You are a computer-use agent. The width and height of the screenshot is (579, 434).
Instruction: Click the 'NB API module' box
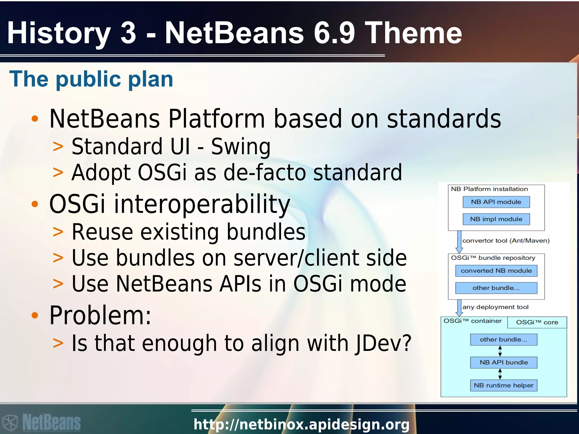496,202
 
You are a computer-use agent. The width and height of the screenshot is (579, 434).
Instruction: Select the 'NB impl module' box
496,219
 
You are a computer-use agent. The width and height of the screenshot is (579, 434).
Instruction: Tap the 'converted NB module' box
496,271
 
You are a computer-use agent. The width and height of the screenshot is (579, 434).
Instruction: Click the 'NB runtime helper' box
504,385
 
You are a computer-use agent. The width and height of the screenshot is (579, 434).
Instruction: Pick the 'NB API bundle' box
504,363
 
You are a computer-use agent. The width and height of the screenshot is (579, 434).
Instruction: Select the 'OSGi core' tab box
537,322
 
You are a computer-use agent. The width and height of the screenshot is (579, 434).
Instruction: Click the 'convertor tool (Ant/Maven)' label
506,241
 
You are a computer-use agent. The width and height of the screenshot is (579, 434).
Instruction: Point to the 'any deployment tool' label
495,307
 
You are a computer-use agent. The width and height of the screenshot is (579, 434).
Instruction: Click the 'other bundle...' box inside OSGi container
504,340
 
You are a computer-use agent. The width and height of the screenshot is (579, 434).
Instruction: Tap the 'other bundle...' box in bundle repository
496,288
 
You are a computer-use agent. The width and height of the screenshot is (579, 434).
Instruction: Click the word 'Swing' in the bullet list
241,147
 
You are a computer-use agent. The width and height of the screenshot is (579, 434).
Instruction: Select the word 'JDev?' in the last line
383,343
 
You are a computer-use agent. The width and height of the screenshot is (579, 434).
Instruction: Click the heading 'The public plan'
91,79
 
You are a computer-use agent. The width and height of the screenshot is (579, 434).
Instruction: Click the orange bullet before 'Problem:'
35,315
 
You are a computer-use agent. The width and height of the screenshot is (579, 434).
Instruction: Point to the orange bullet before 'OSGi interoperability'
35,204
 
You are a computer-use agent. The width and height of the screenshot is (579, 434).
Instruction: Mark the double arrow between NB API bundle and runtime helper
500,374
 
